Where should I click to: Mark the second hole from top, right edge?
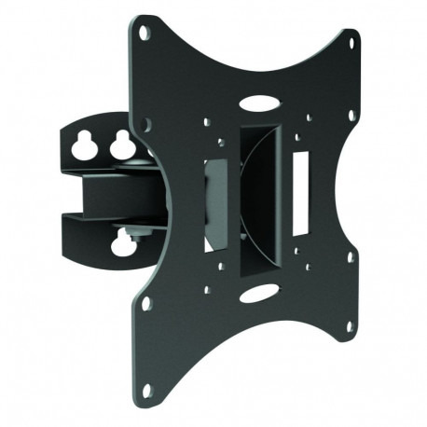tap(352, 117)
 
